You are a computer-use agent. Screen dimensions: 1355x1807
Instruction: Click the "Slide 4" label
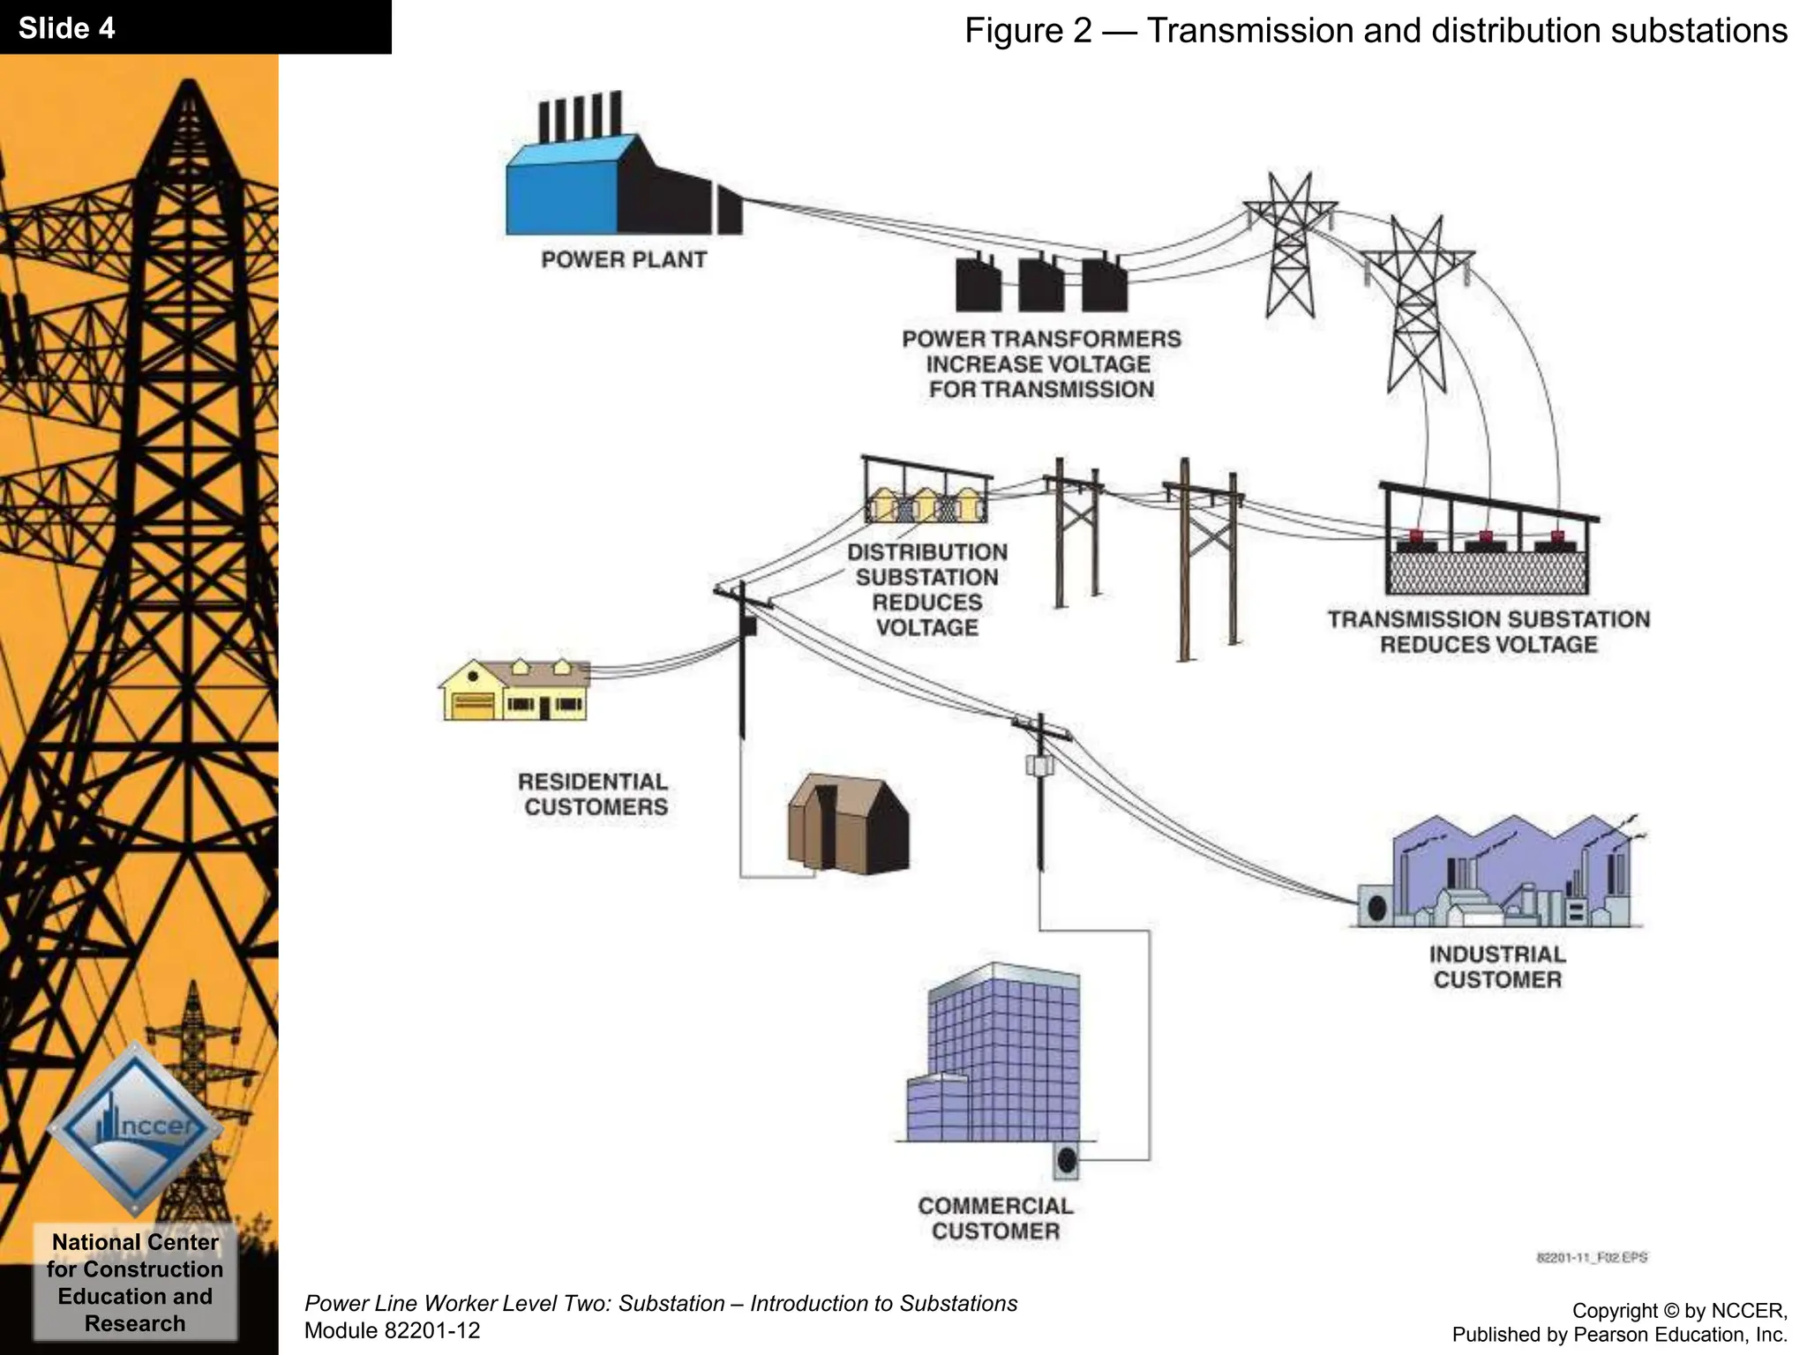pyautogui.click(x=67, y=28)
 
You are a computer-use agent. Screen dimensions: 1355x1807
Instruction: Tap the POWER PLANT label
pyautogui.click(x=624, y=260)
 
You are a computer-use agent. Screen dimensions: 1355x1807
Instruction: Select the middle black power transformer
pyautogui.click(x=1041, y=284)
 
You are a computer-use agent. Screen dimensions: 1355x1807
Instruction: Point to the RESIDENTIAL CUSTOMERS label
pyautogui.click(x=594, y=794)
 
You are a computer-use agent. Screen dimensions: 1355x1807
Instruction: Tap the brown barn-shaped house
pyautogui.click(x=848, y=825)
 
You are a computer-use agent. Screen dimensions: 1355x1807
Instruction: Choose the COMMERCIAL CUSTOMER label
pyautogui.click(x=995, y=1218)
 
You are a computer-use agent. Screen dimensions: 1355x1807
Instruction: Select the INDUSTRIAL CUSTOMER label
pyautogui.click(x=1497, y=967)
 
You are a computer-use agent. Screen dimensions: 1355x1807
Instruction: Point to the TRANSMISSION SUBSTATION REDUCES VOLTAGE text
pyautogui.click(x=1488, y=632)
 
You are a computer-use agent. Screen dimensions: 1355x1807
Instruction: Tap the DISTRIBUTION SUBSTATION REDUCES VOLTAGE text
pyautogui.click(x=927, y=589)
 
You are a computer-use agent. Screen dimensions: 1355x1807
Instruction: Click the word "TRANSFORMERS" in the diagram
pyautogui.click(x=1085, y=339)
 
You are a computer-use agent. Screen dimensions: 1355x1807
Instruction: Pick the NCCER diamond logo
pyautogui.click(x=134, y=1127)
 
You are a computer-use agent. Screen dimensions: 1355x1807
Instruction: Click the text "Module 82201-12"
pyautogui.click(x=392, y=1330)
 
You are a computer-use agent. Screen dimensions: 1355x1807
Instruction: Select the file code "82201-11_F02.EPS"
pyautogui.click(x=1592, y=1257)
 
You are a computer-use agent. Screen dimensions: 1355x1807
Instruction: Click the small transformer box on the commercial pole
pyautogui.click(x=1040, y=765)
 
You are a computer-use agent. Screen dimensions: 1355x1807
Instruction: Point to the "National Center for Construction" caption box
pyautogui.click(x=135, y=1282)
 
